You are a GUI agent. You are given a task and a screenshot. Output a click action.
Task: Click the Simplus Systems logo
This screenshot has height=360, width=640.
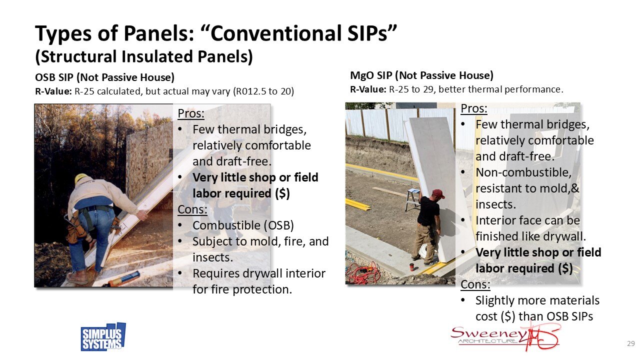[103, 337]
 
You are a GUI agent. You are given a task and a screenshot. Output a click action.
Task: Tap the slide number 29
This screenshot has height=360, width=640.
[630, 343]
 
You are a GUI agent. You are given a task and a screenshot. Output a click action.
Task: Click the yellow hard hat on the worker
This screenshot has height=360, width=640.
[81, 178]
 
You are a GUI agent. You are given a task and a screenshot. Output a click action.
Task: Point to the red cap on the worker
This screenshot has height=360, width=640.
[438, 193]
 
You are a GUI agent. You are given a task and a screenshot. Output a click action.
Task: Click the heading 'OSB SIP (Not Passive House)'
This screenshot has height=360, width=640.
[104, 77]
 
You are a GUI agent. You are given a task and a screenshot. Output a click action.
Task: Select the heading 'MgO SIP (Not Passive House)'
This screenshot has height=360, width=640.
[421, 75]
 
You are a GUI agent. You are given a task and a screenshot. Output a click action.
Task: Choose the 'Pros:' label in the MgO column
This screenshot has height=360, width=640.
[474, 108]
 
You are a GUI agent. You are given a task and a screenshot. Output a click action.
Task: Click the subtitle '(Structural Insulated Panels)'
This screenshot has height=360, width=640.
[143, 57]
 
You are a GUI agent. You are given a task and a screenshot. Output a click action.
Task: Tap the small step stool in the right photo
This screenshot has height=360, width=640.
[412, 199]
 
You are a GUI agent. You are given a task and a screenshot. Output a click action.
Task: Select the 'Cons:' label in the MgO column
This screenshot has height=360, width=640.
[475, 284]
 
